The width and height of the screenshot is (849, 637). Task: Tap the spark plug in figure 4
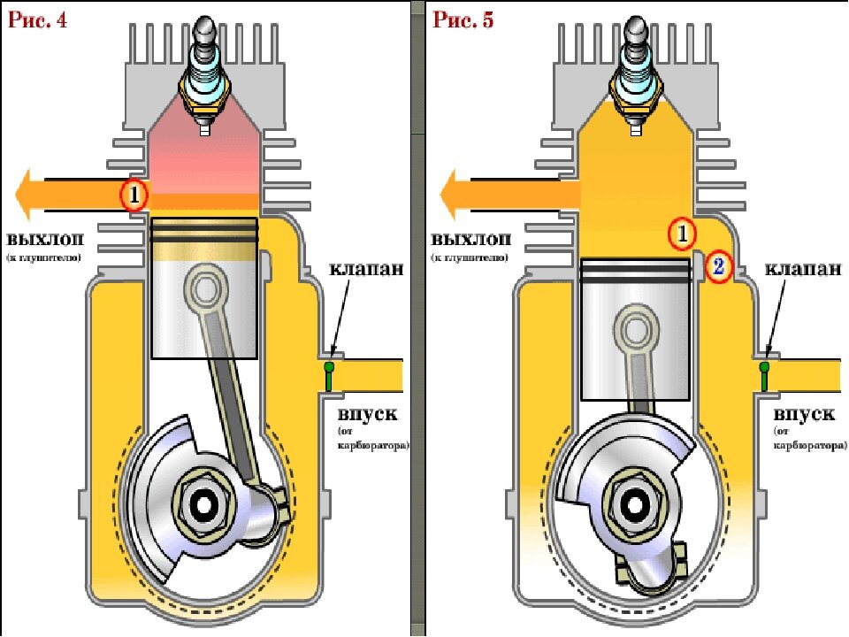204,80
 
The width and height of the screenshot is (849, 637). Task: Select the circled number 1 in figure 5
681,234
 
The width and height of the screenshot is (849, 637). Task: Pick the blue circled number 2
718,265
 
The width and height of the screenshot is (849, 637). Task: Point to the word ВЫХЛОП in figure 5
471,240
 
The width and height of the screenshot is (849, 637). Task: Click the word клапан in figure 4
367,268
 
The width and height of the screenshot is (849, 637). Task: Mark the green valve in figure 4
330,374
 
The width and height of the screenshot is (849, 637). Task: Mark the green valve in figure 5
764,374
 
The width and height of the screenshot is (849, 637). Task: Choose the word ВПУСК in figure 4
366,414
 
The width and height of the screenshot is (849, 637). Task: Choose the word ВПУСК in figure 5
802,414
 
